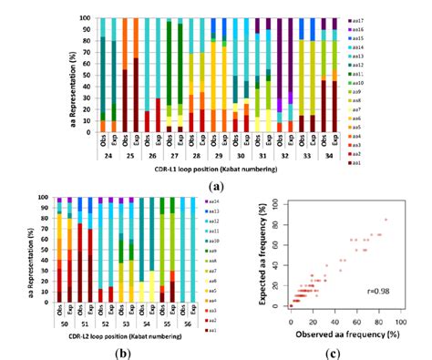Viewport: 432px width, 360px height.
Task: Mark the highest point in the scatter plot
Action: coord(386,220)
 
